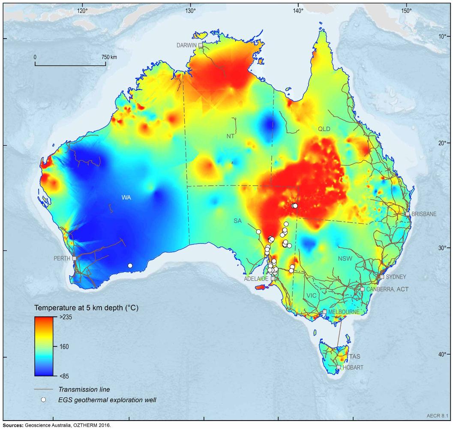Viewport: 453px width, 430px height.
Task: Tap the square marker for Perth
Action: coord(75,259)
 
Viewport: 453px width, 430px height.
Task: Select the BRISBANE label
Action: coord(424,213)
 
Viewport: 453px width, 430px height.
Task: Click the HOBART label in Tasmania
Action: coord(353,368)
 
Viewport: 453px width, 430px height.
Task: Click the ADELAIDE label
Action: coord(256,279)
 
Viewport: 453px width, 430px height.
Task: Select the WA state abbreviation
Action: coord(126,198)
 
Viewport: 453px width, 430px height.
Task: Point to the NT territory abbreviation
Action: coord(231,136)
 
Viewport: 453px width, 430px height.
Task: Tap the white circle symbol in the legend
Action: coord(43,400)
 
